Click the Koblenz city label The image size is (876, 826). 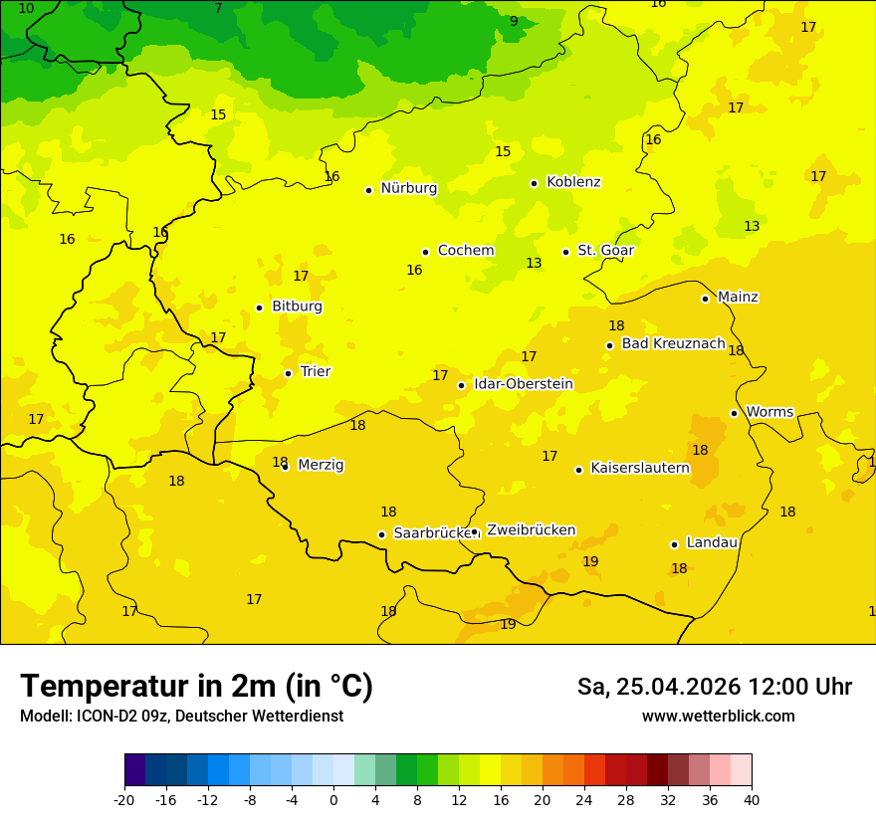573,182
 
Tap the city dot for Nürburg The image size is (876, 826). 368,190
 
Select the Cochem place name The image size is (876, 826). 466,251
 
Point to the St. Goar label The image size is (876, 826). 605,251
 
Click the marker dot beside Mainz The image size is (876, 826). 705,299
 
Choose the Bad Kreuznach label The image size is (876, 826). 673,343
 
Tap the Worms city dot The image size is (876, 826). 734,413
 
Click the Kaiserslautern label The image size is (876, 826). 639,468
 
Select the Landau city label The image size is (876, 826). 712,542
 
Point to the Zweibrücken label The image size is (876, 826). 531,530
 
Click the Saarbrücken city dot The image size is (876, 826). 381,534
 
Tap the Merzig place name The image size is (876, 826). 321,465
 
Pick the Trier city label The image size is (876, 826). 316,371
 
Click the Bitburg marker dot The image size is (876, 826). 259,309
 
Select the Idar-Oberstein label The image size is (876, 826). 523,384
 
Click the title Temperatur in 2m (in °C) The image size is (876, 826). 196,686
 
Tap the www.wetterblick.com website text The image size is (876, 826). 718,717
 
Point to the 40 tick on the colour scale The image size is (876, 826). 752,799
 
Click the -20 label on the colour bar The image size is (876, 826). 124,799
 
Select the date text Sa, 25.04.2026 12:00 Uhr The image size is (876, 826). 714,687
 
